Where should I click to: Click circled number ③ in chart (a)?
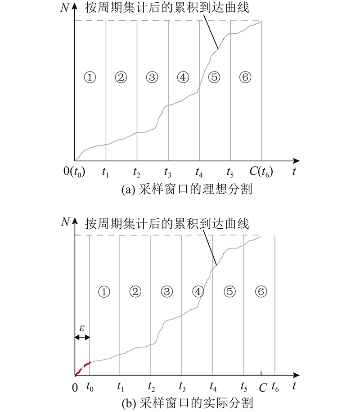point(152,77)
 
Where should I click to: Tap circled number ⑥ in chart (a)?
point(245,77)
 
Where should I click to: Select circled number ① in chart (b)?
point(104,292)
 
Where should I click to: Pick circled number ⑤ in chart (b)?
point(230,292)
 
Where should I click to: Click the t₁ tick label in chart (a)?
point(105,172)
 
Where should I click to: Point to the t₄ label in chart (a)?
point(199,172)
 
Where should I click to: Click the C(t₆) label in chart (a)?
point(261,172)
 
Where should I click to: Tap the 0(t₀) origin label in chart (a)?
point(74,172)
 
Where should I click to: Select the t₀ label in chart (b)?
point(90,387)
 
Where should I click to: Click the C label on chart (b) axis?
point(263,388)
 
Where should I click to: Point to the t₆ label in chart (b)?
point(275,387)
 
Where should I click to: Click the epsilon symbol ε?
point(82,328)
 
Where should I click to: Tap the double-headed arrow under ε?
point(82,337)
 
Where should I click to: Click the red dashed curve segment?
point(82,368)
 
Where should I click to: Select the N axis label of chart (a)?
point(65,8)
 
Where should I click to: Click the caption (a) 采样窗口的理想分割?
point(187,189)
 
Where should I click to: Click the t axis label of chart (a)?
point(294,172)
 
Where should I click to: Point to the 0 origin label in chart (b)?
point(75,388)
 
